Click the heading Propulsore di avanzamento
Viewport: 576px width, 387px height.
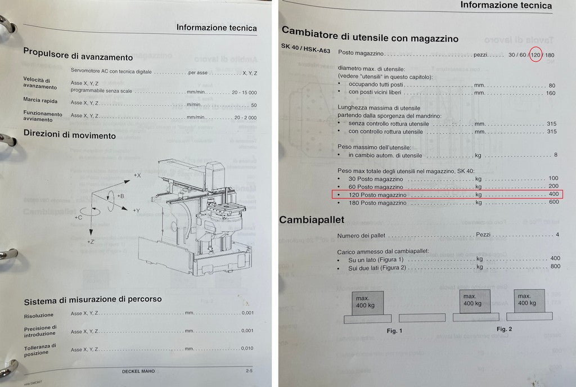(78, 56)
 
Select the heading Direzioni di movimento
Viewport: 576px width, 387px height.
(69, 136)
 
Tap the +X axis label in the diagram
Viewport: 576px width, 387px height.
(137, 176)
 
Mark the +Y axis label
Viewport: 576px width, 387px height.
(137, 210)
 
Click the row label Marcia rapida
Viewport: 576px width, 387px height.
(40, 101)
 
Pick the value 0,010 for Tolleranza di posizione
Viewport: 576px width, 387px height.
(247, 348)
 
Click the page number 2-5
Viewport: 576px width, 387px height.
(249, 371)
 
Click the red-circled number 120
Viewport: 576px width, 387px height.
(535, 55)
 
